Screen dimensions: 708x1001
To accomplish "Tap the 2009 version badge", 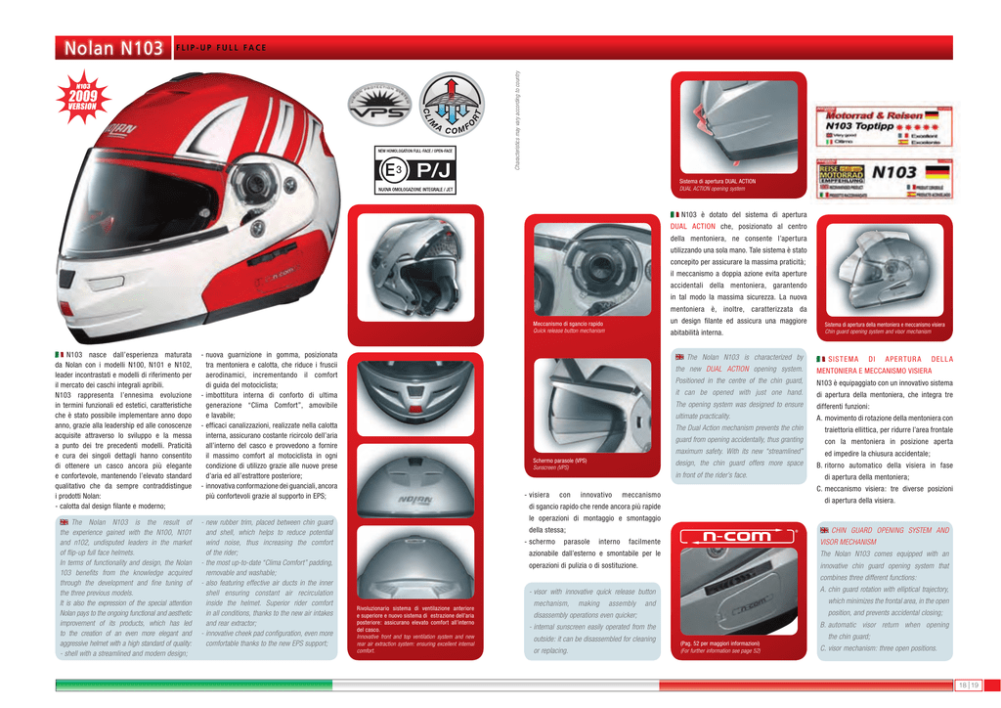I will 82,99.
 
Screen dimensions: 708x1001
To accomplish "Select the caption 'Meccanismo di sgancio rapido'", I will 568,324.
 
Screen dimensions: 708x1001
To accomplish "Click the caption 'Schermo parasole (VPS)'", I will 560,461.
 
